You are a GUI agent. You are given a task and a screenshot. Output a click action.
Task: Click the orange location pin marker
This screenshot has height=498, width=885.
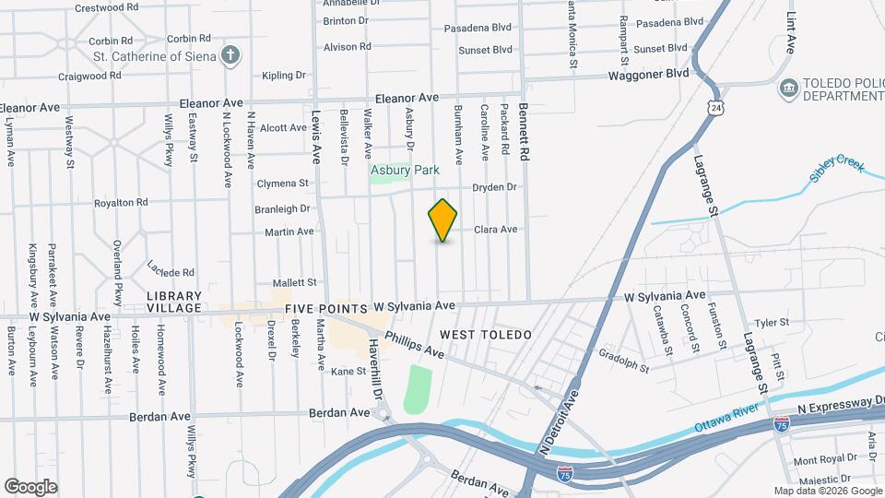443,219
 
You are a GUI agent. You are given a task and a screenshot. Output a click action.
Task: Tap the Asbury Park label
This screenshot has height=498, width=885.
405,170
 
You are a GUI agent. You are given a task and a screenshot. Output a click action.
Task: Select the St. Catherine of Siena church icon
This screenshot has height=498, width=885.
231,55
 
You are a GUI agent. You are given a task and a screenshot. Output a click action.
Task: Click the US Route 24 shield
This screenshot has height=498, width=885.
716,108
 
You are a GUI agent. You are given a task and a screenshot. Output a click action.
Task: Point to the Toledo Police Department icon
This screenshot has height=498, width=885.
788,89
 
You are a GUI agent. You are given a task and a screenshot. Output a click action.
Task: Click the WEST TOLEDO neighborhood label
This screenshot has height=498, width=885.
486,335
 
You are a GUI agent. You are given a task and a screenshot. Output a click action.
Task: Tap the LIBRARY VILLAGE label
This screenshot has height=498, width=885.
173,302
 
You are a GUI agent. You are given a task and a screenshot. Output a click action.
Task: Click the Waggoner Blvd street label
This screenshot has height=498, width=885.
649,74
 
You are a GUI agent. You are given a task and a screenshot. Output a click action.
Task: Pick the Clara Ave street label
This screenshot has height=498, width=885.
496,230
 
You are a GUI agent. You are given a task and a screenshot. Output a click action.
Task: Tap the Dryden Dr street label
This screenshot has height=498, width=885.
496,187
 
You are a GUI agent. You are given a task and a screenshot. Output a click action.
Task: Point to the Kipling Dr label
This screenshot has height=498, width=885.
283,76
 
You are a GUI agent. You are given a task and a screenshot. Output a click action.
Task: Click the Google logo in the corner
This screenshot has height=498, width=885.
30,486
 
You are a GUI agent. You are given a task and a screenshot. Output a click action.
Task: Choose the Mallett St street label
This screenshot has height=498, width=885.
295,282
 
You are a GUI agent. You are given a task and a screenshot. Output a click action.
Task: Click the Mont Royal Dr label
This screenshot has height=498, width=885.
819,459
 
